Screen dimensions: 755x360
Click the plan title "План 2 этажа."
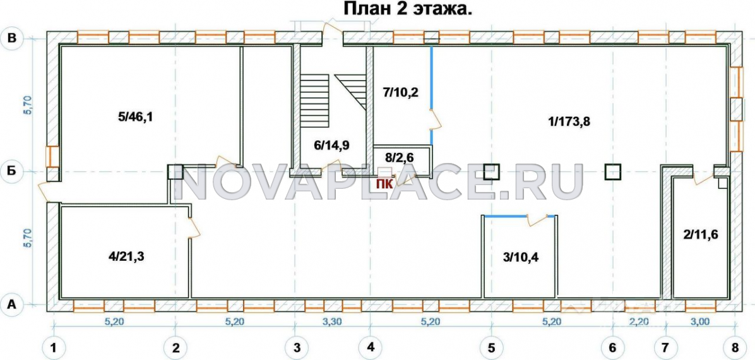click(x=407, y=9)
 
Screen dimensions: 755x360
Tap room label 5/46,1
click(x=135, y=117)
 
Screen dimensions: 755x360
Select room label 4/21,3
click(x=126, y=256)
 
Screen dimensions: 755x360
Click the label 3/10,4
click(x=521, y=256)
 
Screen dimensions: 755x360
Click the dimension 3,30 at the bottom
click(x=332, y=322)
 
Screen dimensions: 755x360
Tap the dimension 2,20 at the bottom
click(x=639, y=322)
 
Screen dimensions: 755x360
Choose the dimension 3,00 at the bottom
click(x=700, y=322)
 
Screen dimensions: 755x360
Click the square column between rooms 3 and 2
click(x=613, y=172)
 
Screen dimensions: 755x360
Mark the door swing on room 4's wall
click(x=194, y=227)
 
